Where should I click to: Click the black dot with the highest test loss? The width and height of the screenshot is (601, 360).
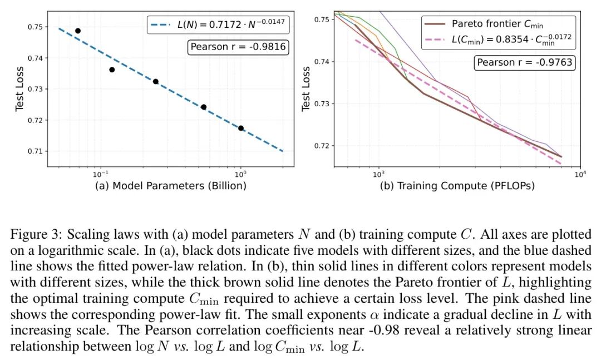tap(78, 31)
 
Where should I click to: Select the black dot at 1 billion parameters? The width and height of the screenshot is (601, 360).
tap(241, 128)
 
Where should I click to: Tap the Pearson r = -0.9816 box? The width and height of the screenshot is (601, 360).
tap(238, 47)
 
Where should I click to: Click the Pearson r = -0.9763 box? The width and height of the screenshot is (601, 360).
tap(525, 62)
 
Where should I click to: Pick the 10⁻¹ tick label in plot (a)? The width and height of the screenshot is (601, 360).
tap(101, 174)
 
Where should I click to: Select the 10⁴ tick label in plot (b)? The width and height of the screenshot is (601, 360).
tap(580, 174)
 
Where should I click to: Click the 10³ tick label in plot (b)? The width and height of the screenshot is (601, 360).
tap(378, 174)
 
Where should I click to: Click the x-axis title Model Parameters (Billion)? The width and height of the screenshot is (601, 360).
tap(170, 186)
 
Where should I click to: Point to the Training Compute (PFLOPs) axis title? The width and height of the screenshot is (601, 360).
tap(457, 186)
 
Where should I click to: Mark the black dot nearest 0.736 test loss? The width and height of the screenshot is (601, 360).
tap(112, 70)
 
